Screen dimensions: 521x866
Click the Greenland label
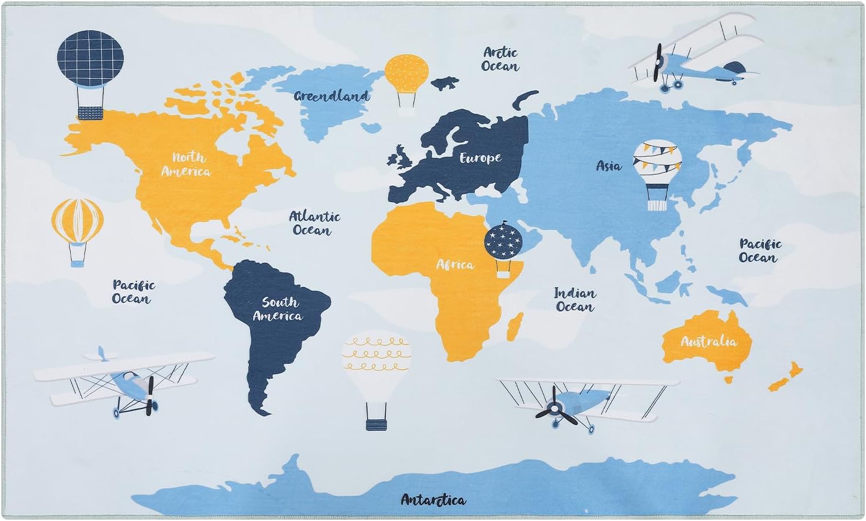pyautogui.click(x=332, y=96)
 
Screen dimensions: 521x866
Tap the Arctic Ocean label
pyautogui.click(x=500, y=60)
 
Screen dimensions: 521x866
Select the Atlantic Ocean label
pyautogui.click(x=314, y=224)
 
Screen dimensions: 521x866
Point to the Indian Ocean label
pyautogui.click(x=575, y=300)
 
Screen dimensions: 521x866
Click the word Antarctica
pyautogui.click(x=433, y=500)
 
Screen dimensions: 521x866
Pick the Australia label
pyautogui.click(x=708, y=342)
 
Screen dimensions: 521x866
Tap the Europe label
pyautogui.click(x=480, y=158)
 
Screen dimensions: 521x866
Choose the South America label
pyautogui.click(x=278, y=309)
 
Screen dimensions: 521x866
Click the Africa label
pyautogui.click(x=455, y=264)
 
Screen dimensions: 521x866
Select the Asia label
pyautogui.click(x=608, y=166)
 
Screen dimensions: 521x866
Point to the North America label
pyautogui.click(x=186, y=165)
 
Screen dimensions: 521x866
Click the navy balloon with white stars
pyautogui.click(x=503, y=242)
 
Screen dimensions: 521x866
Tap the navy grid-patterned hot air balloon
pyautogui.click(x=90, y=58)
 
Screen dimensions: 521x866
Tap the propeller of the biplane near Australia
pyautogui.click(x=555, y=409)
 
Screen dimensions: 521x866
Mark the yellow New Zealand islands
pyautogui.click(x=786, y=377)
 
